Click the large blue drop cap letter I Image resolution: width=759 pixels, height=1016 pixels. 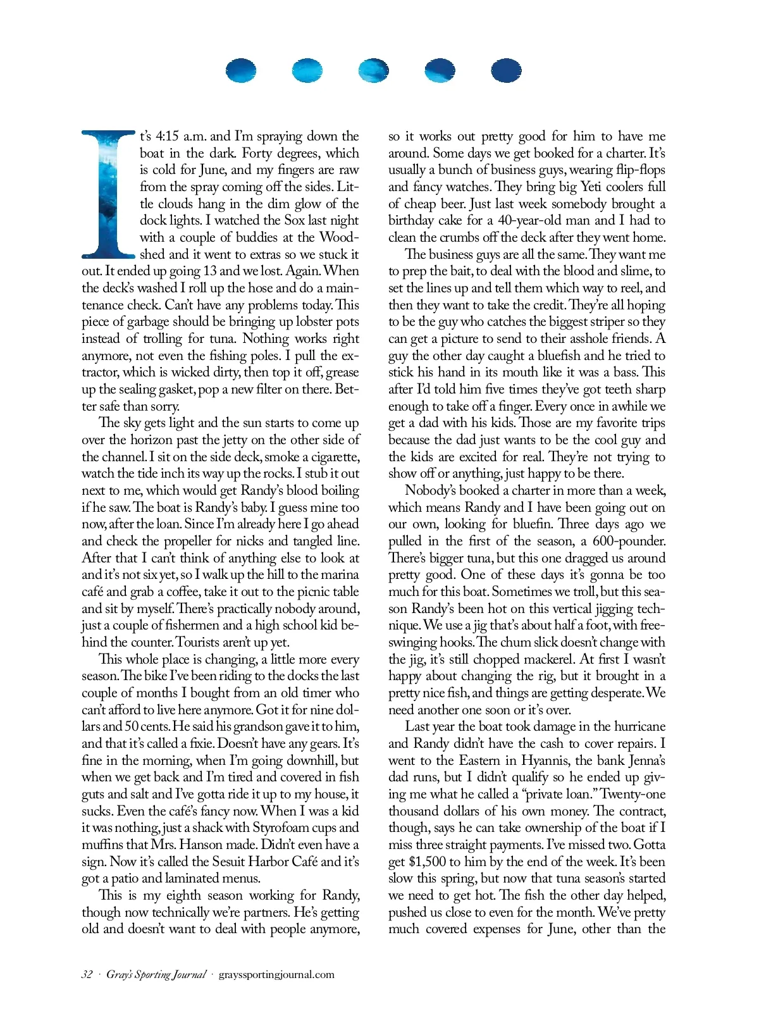108,194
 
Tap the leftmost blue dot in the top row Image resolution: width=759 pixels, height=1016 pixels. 241,71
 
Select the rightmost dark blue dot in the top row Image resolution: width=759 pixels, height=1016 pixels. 507,71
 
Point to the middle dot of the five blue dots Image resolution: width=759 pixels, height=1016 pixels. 374,71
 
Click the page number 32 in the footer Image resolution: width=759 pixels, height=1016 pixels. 87,974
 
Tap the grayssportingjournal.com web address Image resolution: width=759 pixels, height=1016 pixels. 276,974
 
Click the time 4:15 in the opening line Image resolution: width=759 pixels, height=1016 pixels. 168,137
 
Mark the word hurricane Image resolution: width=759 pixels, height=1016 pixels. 639,727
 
